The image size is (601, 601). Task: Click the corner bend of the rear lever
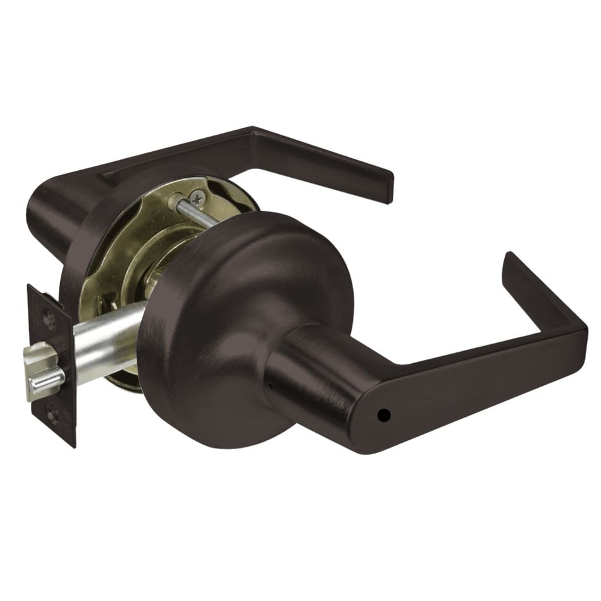tap(253, 135)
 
